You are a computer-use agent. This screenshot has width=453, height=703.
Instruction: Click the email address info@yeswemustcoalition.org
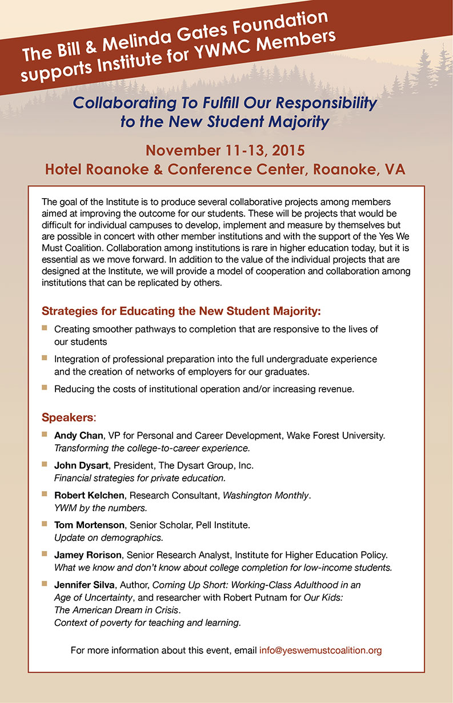tap(320, 650)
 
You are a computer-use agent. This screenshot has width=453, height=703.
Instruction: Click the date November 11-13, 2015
tap(225, 151)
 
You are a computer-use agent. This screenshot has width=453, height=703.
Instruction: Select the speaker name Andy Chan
tap(78, 436)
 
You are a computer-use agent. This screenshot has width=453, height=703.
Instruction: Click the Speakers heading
tap(67, 416)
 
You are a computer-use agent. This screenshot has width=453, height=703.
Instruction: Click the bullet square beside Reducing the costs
tap(45, 388)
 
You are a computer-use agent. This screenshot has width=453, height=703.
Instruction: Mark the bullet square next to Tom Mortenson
tap(45, 523)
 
